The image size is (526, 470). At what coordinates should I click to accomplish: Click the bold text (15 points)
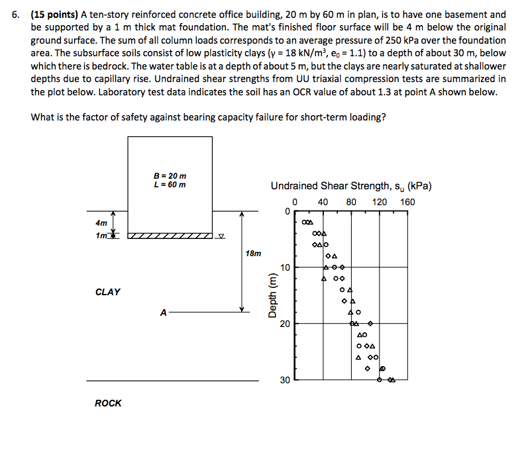pyautogui.click(x=54, y=15)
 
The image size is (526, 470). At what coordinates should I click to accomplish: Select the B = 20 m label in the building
pyautogui.click(x=170, y=175)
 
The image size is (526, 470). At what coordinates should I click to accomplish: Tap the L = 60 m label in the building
pyautogui.click(x=170, y=184)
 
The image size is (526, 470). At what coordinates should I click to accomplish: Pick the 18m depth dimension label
pyautogui.click(x=253, y=254)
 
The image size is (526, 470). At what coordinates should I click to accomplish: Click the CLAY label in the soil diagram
pyautogui.click(x=108, y=292)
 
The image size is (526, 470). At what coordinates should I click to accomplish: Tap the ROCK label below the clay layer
pyautogui.click(x=108, y=403)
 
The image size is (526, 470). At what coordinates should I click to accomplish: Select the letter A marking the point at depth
pyautogui.click(x=163, y=312)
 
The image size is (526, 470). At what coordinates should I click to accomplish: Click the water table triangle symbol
pyautogui.click(x=222, y=236)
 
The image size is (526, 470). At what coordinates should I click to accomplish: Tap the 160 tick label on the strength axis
pyautogui.click(x=408, y=201)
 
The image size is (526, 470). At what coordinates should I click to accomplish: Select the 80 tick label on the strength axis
pyautogui.click(x=351, y=201)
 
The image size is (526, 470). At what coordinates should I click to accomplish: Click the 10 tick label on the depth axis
pyautogui.click(x=285, y=267)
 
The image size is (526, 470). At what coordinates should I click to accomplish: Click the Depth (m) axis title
pyautogui.click(x=272, y=296)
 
